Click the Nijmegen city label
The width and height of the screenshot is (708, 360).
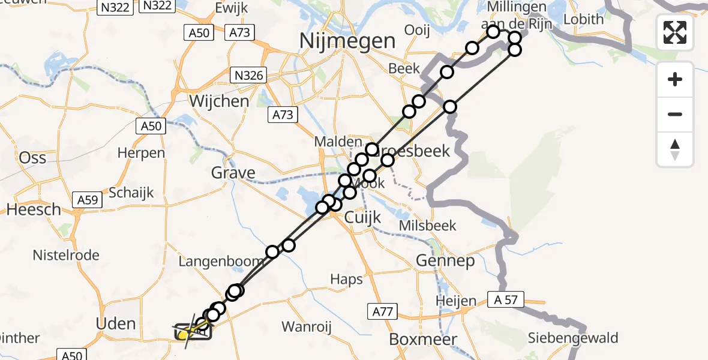click(348, 41)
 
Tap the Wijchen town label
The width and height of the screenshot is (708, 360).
click(219, 101)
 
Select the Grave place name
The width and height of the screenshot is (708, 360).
click(233, 173)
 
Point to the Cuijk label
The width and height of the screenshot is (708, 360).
click(363, 217)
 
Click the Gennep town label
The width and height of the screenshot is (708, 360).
click(446, 260)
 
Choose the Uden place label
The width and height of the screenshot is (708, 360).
click(116, 324)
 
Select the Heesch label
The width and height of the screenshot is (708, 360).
click(34, 209)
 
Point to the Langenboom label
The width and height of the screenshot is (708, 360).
click(221, 262)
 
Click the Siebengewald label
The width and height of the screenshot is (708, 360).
click(573, 338)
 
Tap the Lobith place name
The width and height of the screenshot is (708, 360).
click(583, 19)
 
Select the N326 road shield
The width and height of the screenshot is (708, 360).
click(248, 75)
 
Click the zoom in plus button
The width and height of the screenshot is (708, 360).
click(675, 79)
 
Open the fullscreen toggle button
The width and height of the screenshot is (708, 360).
click(675, 32)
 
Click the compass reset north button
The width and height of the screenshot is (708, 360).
click(675, 149)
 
